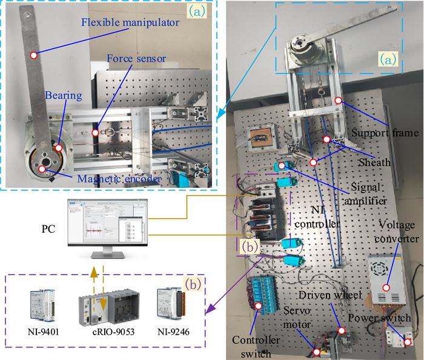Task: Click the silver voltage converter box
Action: [388, 281]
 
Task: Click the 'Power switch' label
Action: [387, 318]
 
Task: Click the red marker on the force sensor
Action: [94, 132]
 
